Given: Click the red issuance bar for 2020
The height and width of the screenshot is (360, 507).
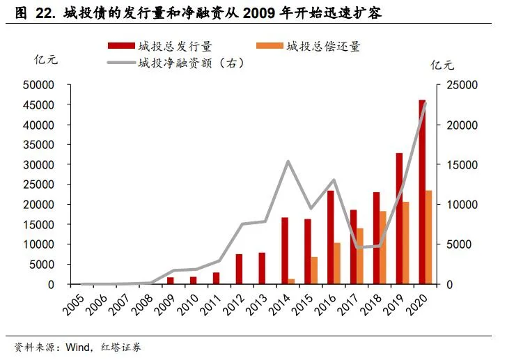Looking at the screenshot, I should point(422,192).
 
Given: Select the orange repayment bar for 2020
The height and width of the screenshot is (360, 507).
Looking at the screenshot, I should point(429,237).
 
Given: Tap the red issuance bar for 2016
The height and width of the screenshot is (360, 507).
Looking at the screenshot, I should point(330,237).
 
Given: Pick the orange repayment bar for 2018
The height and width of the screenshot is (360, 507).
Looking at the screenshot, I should point(383,248).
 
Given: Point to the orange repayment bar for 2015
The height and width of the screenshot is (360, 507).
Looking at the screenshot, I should point(314,271).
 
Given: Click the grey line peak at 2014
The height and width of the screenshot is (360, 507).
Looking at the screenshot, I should point(288,162).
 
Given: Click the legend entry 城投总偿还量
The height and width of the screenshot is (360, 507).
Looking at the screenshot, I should point(324,46).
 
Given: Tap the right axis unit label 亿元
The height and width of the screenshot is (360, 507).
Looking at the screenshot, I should point(442,66).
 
